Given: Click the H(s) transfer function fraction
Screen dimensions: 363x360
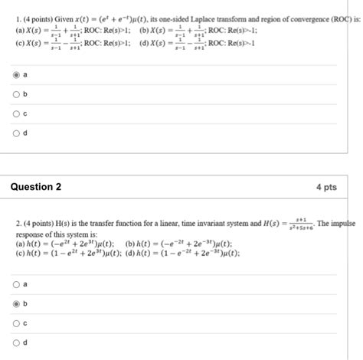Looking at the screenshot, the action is [x=296, y=224].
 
